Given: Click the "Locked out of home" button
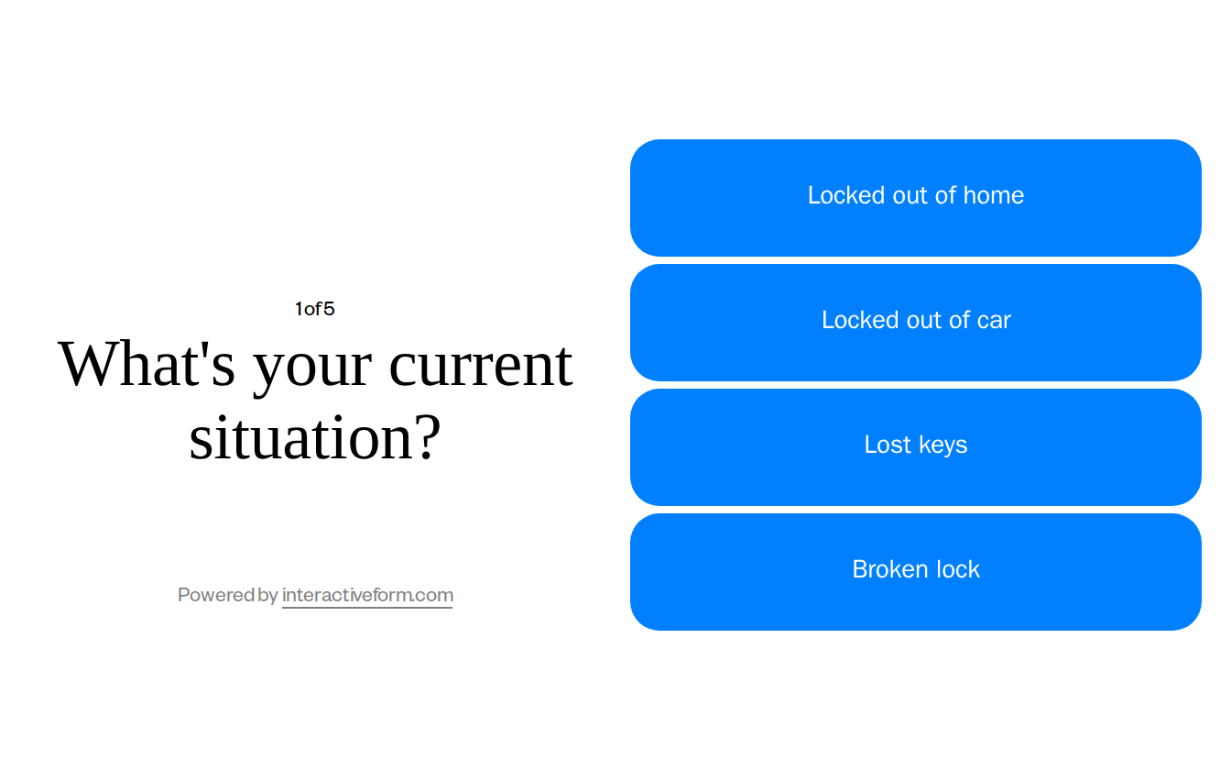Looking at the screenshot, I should click(x=915, y=197).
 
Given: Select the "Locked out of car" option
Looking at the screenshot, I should click(x=915, y=322).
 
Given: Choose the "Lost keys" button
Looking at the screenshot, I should click(x=915, y=446).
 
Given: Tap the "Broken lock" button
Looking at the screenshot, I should click(x=915, y=571).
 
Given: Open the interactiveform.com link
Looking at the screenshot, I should click(x=367, y=595).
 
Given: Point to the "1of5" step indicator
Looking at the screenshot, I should click(x=314, y=309).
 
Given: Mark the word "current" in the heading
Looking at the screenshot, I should click(x=480, y=365).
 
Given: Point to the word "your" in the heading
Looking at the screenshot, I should click(x=311, y=367).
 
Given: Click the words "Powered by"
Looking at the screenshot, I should click(x=227, y=595).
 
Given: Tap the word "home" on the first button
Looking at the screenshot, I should click(x=994, y=195).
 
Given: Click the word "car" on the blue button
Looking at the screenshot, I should click(x=994, y=320).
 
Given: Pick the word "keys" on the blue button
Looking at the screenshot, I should click(x=942, y=445).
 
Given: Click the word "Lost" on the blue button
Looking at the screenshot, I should click(x=887, y=445).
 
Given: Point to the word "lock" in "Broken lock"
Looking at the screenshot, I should click(x=958, y=569).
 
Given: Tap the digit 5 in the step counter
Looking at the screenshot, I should click(x=330, y=309).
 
